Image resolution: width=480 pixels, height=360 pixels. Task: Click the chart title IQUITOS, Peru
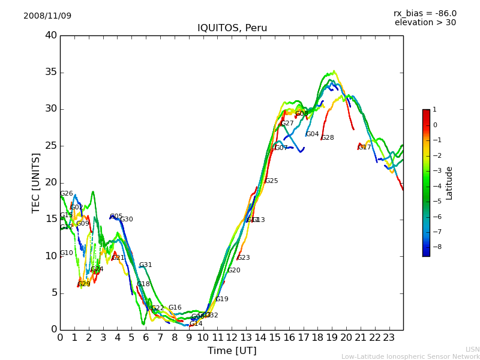pos(232,28)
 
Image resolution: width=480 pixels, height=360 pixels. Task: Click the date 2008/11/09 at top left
pos(47,16)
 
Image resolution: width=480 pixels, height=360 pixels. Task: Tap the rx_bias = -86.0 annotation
pos(425,14)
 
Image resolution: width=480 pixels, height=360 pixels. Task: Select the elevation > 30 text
pos(425,23)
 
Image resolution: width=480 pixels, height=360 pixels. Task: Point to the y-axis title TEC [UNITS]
pos(37,182)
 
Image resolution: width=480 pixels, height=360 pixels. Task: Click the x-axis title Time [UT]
pos(232,351)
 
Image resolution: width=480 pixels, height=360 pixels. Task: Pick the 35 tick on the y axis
pos(51,73)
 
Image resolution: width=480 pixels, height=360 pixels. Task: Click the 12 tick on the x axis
pos(232,338)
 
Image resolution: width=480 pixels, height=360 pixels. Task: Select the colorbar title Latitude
pos(449,183)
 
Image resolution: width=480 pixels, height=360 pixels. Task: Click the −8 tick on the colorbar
pos(435,247)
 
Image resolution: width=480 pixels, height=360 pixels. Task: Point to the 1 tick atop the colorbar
pos(434,110)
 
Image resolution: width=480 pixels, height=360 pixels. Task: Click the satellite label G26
pos(67,194)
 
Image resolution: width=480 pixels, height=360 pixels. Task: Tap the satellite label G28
pos(328,138)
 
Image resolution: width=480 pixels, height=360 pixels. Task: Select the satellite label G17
pos(364,147)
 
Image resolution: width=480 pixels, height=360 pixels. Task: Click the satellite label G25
pos(271,181)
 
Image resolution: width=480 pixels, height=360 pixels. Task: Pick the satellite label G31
pos(146,265)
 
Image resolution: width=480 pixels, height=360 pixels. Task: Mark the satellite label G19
pos(222,299)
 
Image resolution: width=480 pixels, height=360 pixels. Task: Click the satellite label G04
pos(313,134)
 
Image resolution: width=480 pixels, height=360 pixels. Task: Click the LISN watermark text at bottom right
pos(472,349)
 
